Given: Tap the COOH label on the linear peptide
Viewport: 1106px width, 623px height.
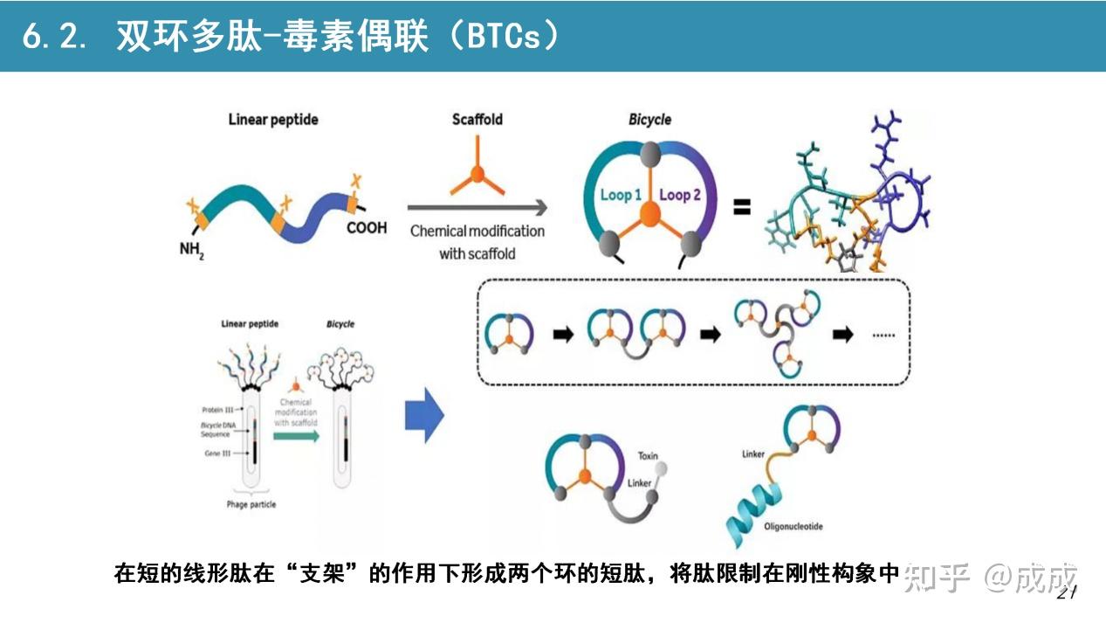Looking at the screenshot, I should (x=367, y=228).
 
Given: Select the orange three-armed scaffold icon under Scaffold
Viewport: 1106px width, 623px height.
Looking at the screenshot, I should (x=477, y=174).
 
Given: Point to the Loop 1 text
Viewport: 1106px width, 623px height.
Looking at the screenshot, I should (x=621, y=195).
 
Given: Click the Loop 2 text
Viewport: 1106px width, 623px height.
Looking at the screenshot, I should (x=680, y=195).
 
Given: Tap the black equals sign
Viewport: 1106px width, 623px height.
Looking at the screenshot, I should (x=741, y=208).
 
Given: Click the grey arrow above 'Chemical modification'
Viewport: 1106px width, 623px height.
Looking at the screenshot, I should (x=477, y=208).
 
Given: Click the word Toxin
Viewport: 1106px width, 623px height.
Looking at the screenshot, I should (x=648, y=456).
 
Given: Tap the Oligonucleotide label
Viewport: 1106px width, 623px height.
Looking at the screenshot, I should (x=793, y=527).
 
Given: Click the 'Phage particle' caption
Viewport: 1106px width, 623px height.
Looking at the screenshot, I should (x=251, y=503).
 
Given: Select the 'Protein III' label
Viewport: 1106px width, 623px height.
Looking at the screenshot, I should (x=218, y=409).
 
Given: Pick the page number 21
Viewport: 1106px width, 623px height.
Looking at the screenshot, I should (x=1068, y=593).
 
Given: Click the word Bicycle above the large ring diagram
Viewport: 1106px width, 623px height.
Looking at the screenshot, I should (x=649, y=119).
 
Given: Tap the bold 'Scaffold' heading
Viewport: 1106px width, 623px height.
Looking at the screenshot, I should (x=477, y=119).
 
